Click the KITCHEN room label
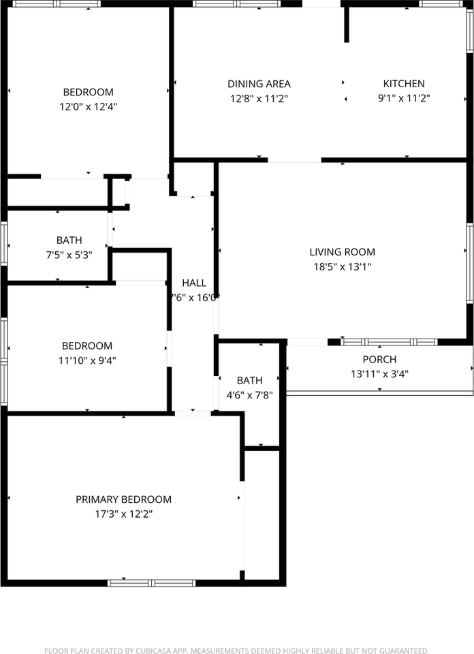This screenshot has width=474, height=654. click(x=404, y=84)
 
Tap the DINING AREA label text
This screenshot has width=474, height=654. click(x=259, y=84)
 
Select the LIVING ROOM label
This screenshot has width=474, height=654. click(x=343, y=252)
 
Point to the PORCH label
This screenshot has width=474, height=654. click(x=379, y=359)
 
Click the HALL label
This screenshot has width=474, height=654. click(x=194, y=283)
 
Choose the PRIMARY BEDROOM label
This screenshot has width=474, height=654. click(x=123, y=499)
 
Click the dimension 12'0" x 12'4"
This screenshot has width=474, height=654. click(x=89, y=106)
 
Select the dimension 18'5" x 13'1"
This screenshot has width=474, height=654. click(x=343, y=267)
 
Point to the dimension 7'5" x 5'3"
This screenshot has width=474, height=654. click(x=69, y=255)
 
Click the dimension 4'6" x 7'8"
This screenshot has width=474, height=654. click(x=249, y=394)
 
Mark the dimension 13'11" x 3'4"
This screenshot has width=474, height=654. click(x=379, y=373)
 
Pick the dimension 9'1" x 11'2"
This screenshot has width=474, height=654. click(x=404, y=98)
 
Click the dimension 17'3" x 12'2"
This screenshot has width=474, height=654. click(x=123, y=514)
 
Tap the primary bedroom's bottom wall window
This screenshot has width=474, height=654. click(x=152, y=582)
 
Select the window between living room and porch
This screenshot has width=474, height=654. click(x=389, y=342)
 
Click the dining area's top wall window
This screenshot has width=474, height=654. click(x=236, y=3)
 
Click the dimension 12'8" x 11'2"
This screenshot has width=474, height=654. click(x=259, y=98)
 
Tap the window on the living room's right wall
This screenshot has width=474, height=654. click(x=470, y=262)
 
